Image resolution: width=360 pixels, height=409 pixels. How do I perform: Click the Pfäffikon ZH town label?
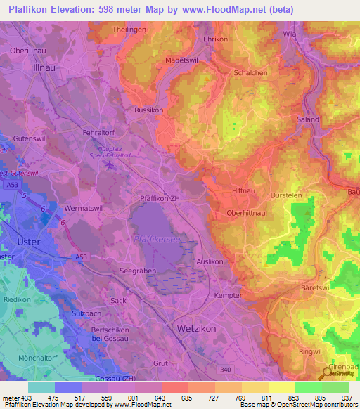(x=161, y=199)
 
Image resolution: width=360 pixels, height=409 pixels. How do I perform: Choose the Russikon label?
(x=148, y=110)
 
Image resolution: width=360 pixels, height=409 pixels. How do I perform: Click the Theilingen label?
(x=130, y=29)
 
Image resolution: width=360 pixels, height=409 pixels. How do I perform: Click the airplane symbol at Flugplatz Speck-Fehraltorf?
(x=110, y=165)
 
